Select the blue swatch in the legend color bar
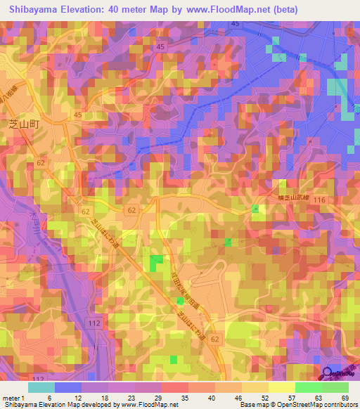click(x=68, y=387)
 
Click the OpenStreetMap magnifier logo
click(x=328, y=374)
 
